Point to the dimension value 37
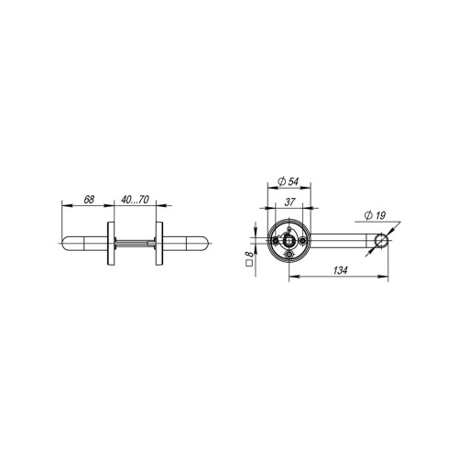[289, 203]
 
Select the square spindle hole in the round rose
[289, 242]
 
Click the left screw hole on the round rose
[275, 242]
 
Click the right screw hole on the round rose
[302, 242]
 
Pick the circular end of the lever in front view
[381, 242]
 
